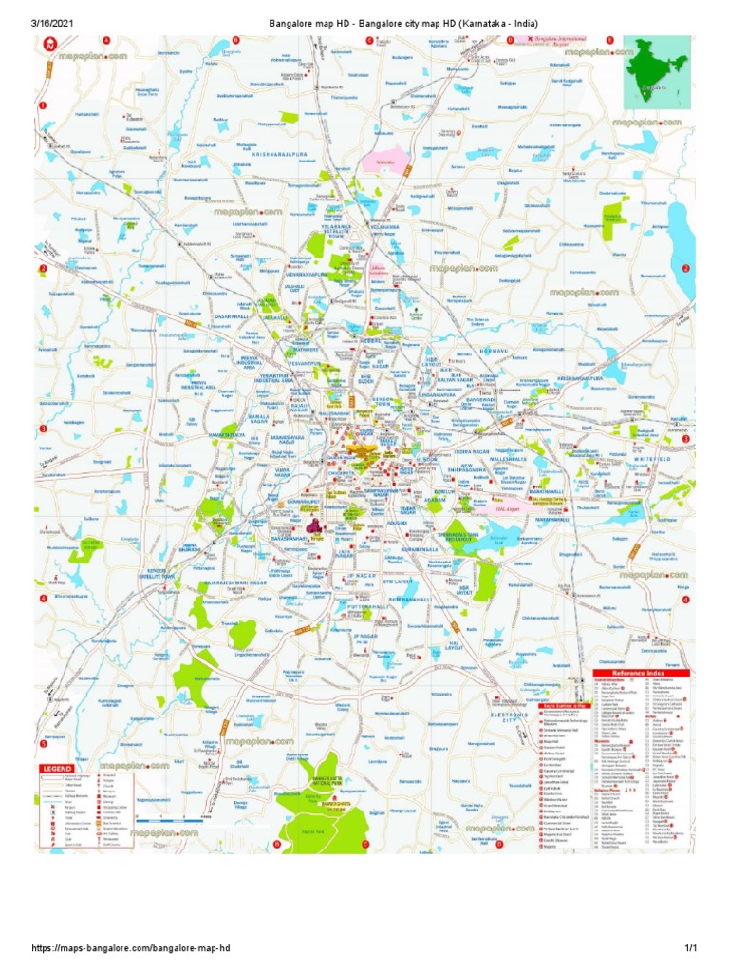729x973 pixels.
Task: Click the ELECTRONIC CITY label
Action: pos(500,715)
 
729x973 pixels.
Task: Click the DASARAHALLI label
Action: pos(232,316)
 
